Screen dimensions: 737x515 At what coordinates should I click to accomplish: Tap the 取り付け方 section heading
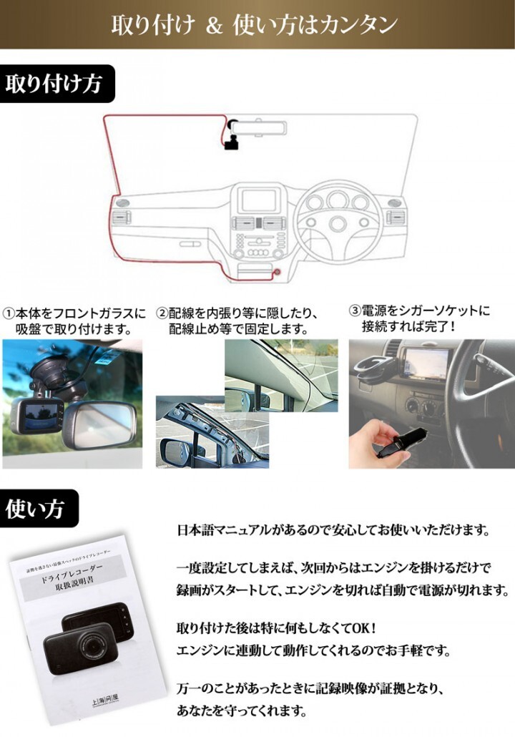(53, 84)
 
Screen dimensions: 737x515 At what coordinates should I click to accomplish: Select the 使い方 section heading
(35, 508)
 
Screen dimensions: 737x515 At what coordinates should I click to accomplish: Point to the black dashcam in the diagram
(231, 145)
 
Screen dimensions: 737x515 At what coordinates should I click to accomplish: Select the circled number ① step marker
(9, 313)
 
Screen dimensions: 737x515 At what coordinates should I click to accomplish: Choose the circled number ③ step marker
(355, 311)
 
